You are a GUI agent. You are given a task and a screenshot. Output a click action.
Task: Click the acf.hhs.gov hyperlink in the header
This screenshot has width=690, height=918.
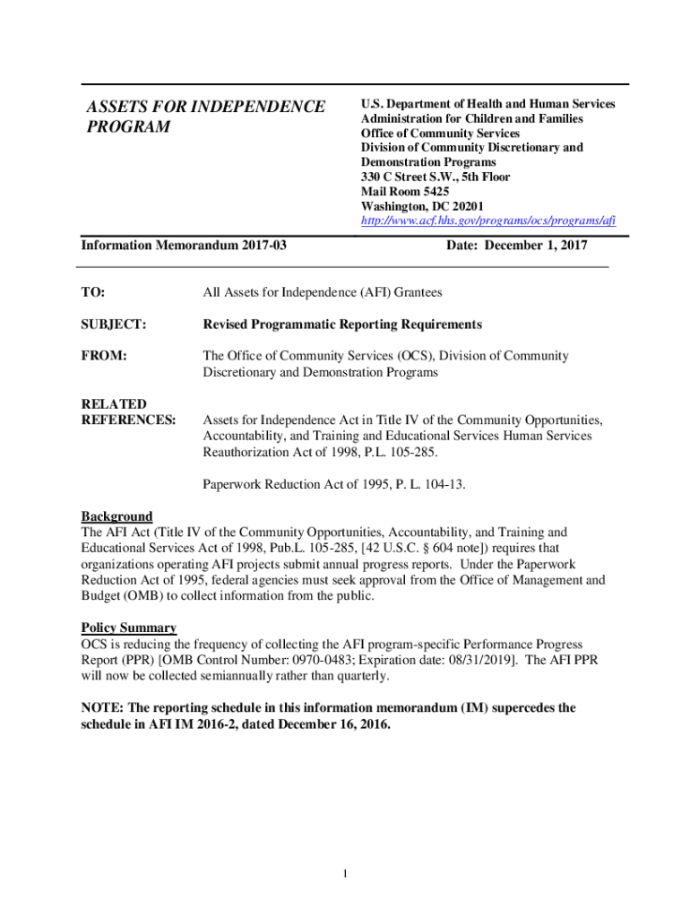487,221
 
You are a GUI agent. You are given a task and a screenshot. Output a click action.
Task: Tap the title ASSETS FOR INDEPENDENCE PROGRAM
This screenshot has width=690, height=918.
205,117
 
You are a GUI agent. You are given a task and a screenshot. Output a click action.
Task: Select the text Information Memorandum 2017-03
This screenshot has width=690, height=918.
184,245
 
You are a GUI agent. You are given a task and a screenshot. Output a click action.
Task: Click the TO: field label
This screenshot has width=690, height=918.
93,292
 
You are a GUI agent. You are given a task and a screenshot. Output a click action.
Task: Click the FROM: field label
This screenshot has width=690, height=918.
103,356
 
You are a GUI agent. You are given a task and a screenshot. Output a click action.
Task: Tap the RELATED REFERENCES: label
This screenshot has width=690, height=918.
128,411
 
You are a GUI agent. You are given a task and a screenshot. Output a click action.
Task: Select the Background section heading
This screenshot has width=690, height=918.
116,516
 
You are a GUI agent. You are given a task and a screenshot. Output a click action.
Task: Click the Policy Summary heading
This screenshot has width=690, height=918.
129,628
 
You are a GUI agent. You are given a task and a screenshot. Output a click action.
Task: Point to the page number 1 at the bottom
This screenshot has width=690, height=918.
344,874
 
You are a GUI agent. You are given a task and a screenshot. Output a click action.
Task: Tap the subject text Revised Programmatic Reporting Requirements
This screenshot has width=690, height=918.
342,325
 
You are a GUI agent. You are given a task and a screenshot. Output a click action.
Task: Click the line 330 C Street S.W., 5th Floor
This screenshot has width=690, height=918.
436,177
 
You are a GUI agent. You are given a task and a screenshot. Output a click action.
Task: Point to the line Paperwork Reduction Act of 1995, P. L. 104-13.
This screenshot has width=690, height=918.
334,484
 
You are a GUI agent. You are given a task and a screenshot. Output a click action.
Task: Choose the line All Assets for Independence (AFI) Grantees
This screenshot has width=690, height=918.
323,292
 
